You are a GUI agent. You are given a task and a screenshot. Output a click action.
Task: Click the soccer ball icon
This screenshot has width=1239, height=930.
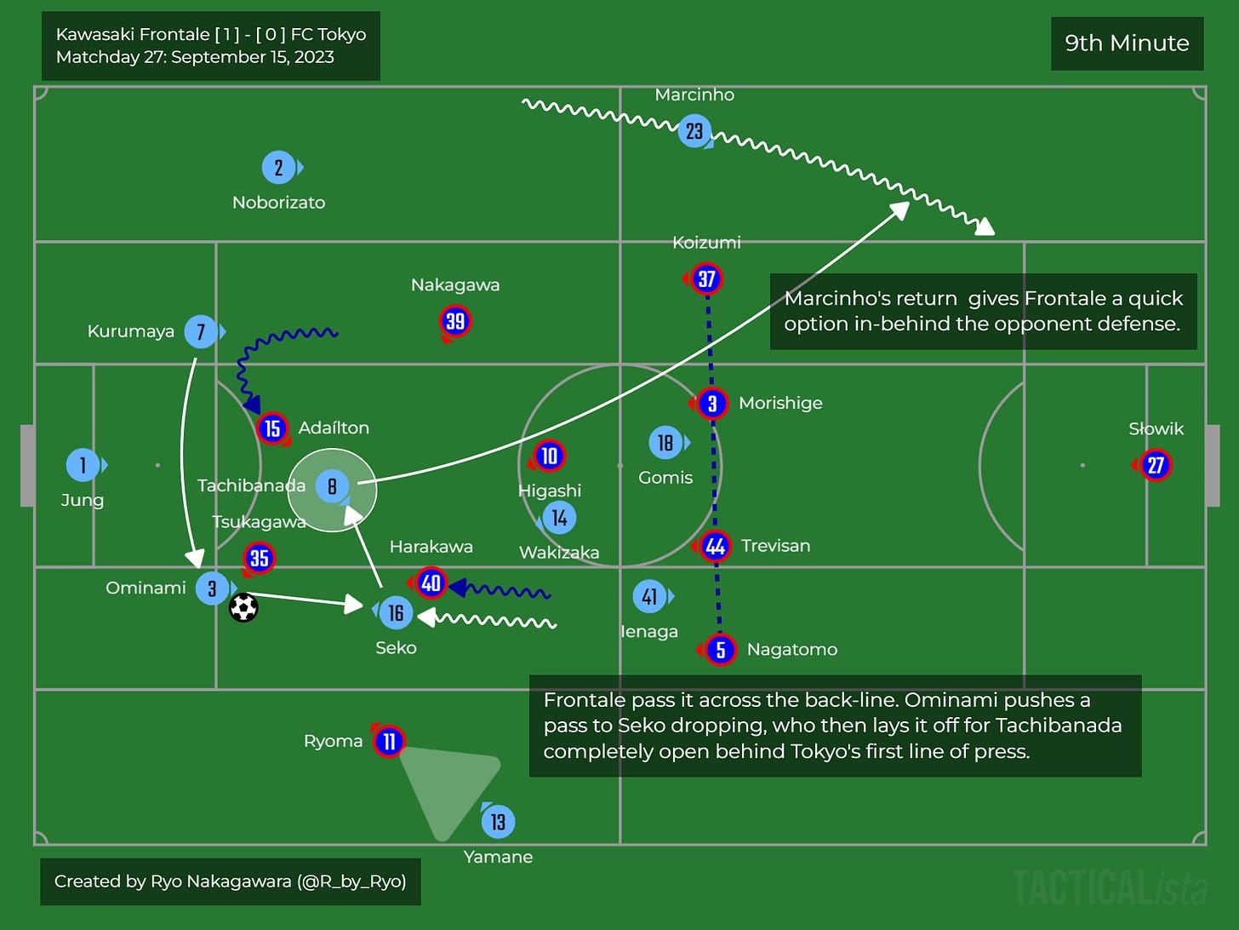[243, 607]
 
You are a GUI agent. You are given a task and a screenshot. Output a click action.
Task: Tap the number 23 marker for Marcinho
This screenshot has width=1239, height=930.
[694, 131]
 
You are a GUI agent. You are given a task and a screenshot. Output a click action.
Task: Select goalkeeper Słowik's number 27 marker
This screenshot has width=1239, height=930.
[1156, 465]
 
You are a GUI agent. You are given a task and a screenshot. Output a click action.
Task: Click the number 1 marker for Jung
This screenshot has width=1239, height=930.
[83, 465]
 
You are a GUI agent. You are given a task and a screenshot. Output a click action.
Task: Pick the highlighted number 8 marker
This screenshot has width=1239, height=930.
[332, 487]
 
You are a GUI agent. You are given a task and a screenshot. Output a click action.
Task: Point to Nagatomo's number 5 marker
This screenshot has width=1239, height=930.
[720, 650]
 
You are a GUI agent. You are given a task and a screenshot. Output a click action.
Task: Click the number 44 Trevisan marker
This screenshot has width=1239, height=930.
[715, 547]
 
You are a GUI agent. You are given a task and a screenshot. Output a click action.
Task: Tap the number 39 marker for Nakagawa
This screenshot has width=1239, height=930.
[455, 321]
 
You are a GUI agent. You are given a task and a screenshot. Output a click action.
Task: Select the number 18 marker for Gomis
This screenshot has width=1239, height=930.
[665, 443]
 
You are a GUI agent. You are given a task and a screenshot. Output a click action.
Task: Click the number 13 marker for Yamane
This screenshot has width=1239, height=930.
[498, 822]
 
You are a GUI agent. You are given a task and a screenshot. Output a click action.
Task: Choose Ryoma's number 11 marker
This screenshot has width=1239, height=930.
[389, 742]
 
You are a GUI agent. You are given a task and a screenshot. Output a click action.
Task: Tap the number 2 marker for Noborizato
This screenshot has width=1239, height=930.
[278, 168]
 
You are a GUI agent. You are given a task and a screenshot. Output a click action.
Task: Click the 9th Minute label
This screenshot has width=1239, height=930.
[1127, 43]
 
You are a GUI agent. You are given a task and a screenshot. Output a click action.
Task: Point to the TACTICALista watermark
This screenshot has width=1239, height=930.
[1110, 888]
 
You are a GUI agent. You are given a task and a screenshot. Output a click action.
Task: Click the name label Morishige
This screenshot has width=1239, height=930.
[780, 403]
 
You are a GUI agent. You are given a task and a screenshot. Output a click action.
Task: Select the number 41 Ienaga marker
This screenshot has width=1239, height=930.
[649, 597]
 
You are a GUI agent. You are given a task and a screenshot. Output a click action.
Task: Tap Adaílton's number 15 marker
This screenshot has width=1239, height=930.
[272, 428]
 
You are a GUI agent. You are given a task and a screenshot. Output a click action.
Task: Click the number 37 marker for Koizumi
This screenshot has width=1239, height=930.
[706, 278]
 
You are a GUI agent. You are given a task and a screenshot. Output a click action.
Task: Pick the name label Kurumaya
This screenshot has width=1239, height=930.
[130, 331]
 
